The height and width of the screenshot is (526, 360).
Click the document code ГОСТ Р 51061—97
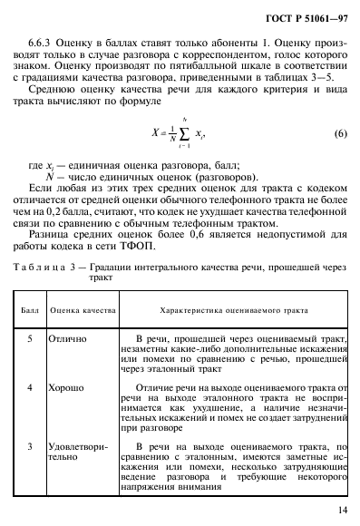[x=302, y=18]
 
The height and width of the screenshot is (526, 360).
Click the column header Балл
[x=28, y=309]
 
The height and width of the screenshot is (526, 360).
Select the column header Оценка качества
[x=82, y=309]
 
